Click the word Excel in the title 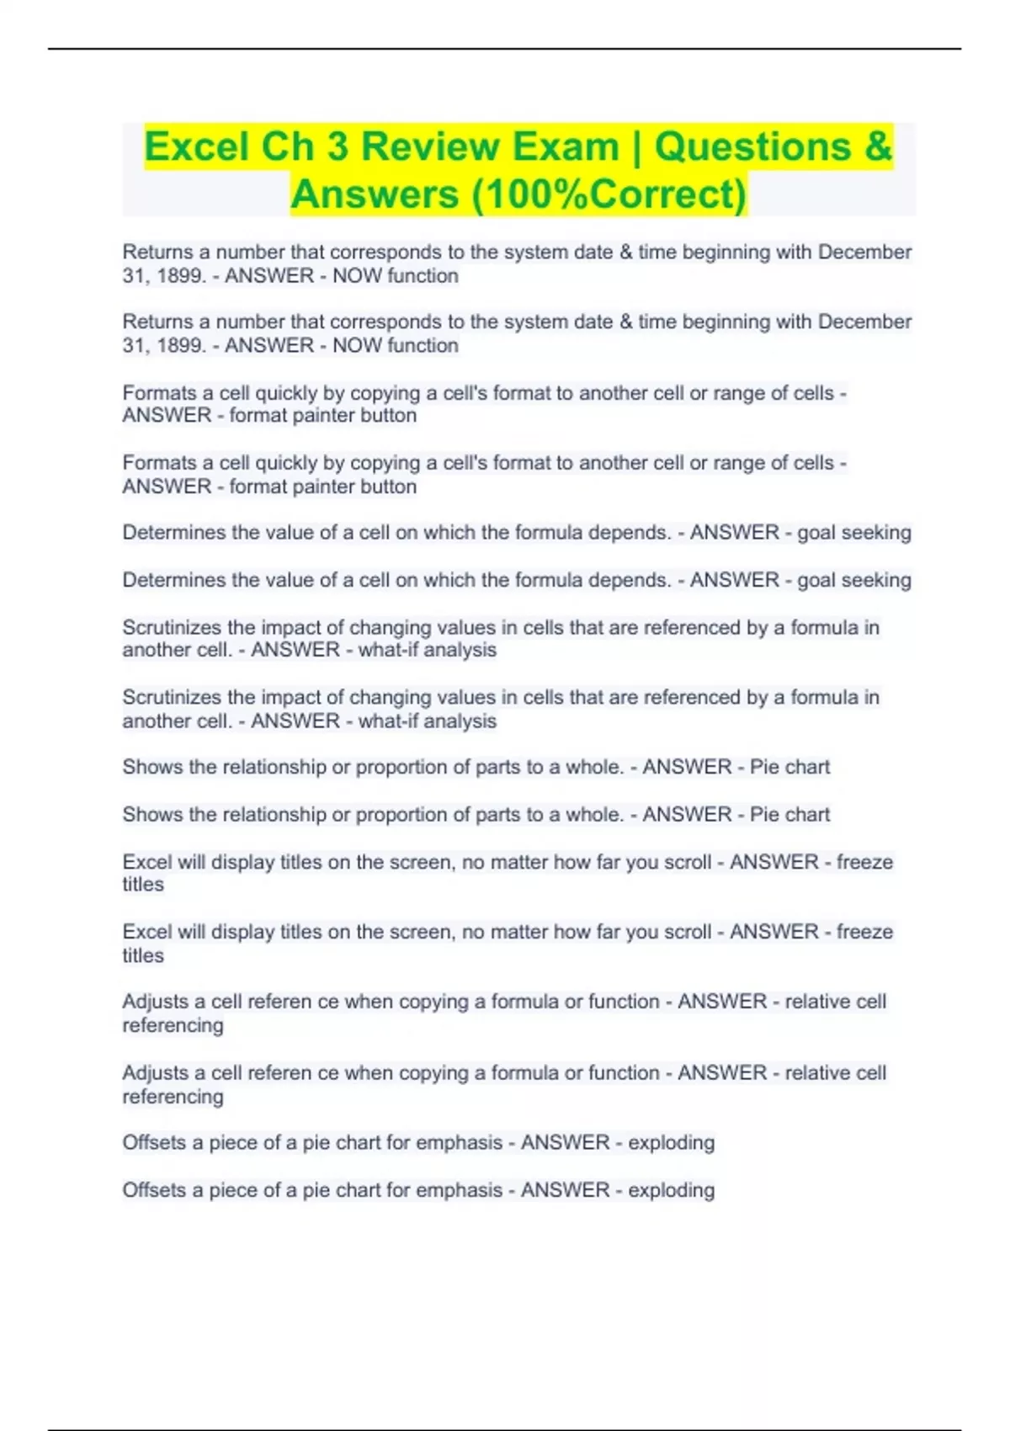point(197,146)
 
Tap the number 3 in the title point(338,146)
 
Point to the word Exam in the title point(566,146)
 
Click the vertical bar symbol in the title point(636,146)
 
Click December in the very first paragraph point(864,252)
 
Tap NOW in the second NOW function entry point(357,345)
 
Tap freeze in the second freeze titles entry point(864,932)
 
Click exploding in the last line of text point(671,1190)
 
